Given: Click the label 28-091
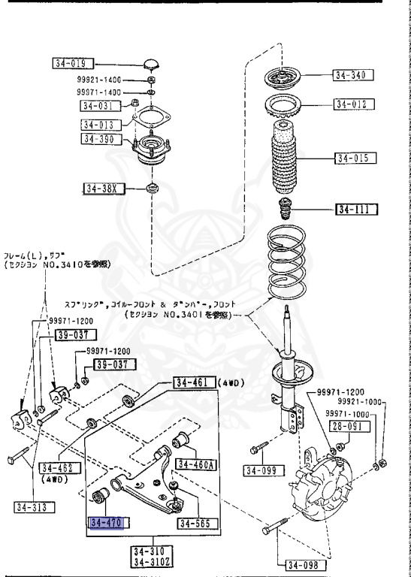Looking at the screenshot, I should click(348, 426).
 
